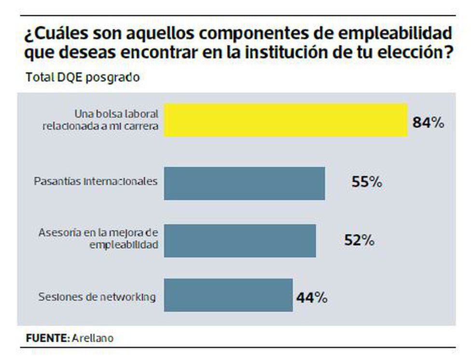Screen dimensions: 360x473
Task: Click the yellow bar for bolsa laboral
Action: [x=286, y=120]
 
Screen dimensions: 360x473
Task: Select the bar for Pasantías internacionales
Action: [x=244, y=183]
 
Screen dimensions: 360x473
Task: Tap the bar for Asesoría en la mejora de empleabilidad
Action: [x=240, y=240]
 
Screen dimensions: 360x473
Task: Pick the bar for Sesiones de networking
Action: [x=228, y=295]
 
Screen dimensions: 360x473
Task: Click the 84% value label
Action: [x=428, y=123]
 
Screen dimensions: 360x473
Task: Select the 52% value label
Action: [x=359, y=240]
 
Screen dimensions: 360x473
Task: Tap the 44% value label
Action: [x=312, y=297]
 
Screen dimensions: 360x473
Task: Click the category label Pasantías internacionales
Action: [x=96, y=182]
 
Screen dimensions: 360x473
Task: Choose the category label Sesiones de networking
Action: [x=97, y=297]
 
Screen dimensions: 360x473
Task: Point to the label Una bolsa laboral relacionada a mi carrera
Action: [x=116, y=120]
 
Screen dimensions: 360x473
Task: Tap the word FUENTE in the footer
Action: [x=47, y=338]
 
